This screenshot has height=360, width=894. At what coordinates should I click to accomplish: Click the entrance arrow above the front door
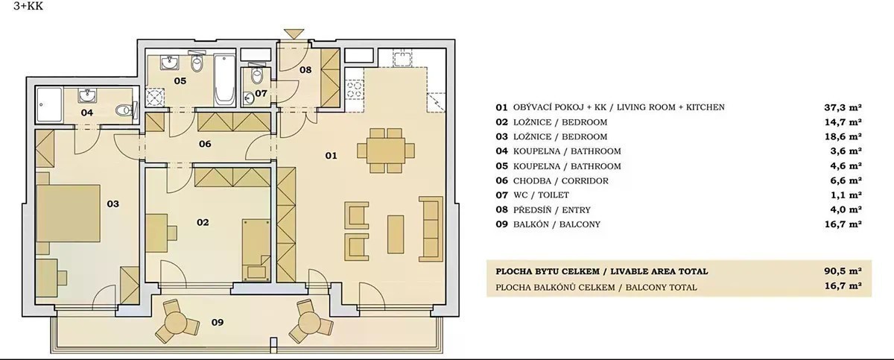(x=294, y=34)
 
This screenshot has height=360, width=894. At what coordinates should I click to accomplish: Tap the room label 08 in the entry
(x=305, y=70)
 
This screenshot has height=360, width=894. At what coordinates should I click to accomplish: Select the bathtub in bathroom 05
(x=224, y=79)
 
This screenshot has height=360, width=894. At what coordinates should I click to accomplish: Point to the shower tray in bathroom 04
(x=49, y=105)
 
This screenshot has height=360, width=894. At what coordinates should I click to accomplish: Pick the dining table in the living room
(x=386, y=151)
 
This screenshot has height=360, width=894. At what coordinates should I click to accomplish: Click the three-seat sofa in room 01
(x=431, y=229)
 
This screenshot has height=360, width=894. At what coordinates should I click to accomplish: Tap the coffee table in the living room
(x=396, y=234)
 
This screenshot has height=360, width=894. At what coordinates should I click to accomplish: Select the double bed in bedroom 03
(x=68, y=213)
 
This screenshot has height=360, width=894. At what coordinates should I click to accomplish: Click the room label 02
(x=203, y=222)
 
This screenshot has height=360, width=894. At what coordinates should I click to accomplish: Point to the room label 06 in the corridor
(x=205, y=144)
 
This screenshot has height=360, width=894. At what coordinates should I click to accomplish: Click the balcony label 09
(x=218, y=322)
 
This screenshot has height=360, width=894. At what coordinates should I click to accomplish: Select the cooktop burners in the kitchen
(x=355, y=89)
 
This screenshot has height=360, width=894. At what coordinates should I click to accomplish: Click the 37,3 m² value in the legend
(x=843, y=107)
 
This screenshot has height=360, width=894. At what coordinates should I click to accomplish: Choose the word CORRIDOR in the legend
(x=585, y=181)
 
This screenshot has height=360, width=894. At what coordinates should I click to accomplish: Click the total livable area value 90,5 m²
(x=843, y=271)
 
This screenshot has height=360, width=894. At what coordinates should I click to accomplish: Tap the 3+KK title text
(x=28, y=7)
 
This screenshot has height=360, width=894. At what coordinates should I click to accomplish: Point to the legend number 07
(x=501, y=195)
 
